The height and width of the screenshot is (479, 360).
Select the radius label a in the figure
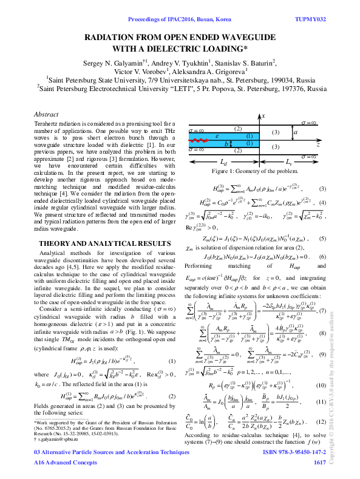coord(295,132)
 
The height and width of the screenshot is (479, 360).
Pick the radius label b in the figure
coord(226,144)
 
